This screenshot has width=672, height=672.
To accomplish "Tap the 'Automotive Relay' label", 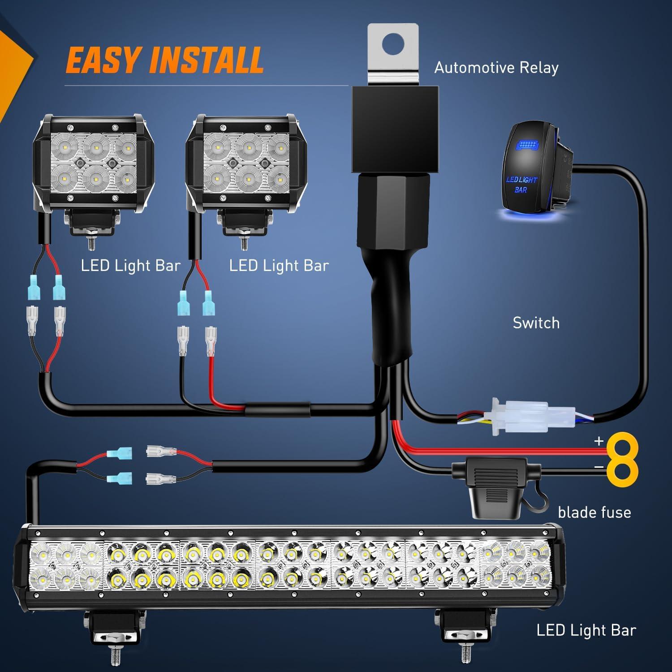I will [496, 68].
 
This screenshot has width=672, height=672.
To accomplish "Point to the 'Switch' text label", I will [536, 323].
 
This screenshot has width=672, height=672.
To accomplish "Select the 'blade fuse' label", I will [594, 512].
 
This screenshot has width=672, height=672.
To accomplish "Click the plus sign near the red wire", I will [599, 441].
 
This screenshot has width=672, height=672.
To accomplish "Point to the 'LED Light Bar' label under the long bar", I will [586, 630].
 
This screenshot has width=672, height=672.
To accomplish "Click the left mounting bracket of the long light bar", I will [114, 627].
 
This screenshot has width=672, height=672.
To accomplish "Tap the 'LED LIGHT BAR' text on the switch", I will [521, 185].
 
